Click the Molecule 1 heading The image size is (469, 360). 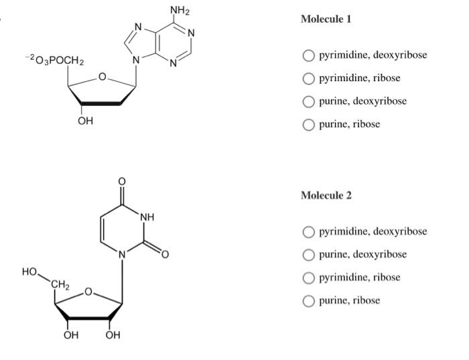point(326,19)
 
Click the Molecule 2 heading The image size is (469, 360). point(326,196)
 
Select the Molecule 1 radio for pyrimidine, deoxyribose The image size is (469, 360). point(308,55)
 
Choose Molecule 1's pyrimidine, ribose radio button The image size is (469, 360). point(308,78)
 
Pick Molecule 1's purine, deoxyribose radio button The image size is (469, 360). point(308,101)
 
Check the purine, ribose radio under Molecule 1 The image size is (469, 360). point(308,124)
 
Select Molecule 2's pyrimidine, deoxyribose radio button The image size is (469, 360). point(308,232)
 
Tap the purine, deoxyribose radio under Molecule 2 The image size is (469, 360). point(308,255)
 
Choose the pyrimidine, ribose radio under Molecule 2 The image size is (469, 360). point(308,278)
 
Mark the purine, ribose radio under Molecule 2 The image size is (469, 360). point(308,300)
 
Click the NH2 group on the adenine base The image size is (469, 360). point(179,9)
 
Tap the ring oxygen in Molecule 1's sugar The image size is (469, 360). point(102,78)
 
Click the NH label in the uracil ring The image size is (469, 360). point(147,217)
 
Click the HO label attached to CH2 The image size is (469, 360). point(29,272)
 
